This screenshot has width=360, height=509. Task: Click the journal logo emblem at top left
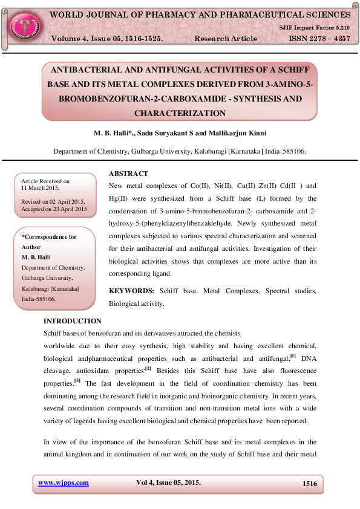click(23, 24)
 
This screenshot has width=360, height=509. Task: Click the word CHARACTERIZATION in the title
click(180, 113)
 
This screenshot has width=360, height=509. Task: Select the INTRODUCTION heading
click(73, 321)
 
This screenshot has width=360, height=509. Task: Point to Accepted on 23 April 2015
click(54, 209)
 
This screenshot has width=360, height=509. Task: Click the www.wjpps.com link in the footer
click(64, 482)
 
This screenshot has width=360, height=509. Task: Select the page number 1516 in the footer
click(309, 483)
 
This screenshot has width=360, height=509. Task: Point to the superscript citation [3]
click(77, 380)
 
